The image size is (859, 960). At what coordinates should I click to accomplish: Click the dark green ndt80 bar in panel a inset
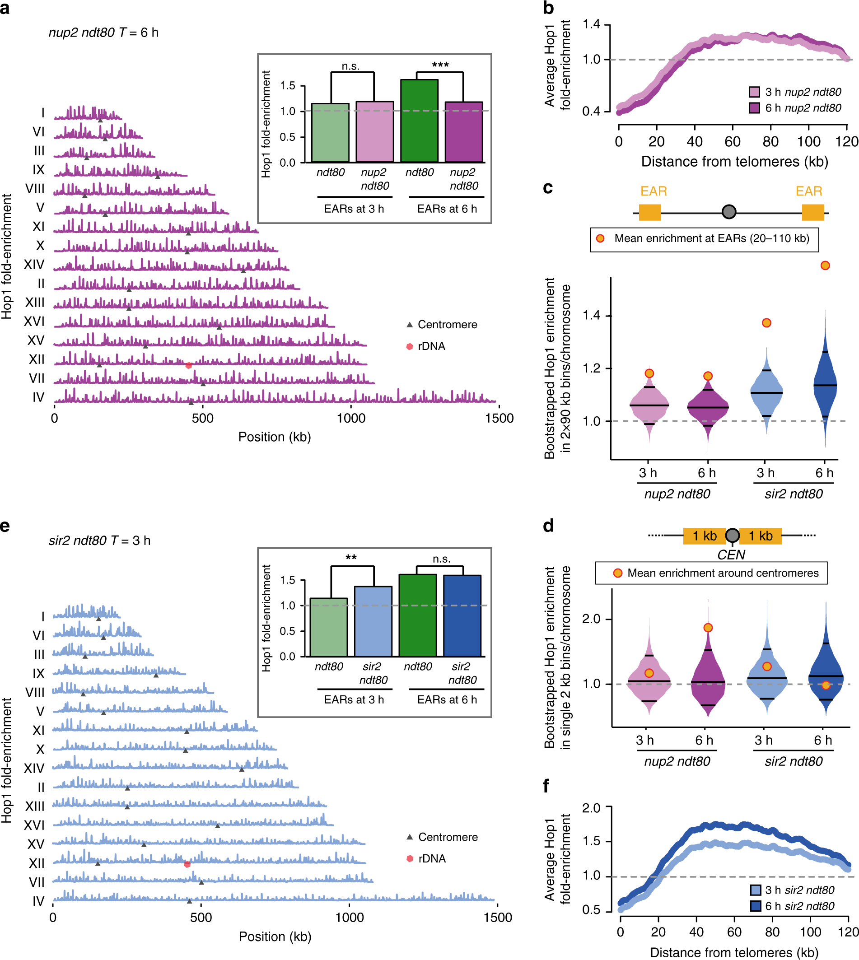coord(419,121)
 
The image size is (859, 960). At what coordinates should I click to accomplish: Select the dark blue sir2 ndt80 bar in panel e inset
coord(462,615)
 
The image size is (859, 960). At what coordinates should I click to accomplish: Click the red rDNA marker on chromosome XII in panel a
coord(188,365)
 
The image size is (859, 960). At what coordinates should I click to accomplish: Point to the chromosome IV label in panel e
coord(38,901)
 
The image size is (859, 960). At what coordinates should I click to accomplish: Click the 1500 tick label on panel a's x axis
coord(499,418)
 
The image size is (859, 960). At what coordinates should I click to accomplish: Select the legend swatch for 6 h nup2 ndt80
coord(754,108)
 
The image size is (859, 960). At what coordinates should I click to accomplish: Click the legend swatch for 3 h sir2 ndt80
coord(755,890)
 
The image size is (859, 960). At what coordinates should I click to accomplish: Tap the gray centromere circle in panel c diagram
coord(729,212)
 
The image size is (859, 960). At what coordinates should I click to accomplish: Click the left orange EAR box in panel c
coord(649,212)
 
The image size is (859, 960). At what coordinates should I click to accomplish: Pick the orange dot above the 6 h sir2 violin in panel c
coord(825,265)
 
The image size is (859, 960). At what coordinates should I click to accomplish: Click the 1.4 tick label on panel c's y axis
coord(592,315)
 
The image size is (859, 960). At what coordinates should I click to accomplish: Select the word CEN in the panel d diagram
coord(731,555)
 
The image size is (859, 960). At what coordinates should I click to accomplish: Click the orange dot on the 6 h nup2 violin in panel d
coord(708,628)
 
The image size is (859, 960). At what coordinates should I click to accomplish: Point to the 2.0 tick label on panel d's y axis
coord(592,619)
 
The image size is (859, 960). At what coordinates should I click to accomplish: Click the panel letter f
coord(546,786)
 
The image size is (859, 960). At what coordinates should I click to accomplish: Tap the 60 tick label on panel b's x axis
coord(733,142)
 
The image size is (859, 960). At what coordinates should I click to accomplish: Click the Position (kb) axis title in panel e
coord(275,937)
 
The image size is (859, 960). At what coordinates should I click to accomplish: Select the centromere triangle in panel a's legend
coord(410,325)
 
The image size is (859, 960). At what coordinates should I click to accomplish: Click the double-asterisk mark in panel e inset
coord(350,557)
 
